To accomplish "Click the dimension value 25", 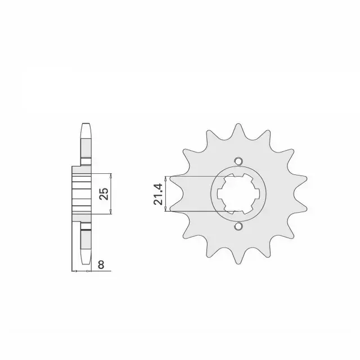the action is point(104,193).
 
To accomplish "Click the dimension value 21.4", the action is point(159,194).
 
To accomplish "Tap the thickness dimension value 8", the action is point(101,264).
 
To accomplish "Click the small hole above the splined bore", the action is point(238,161).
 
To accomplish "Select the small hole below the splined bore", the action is point(238,226).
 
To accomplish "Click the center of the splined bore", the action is point(238,193).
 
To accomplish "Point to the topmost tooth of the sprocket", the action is point(238,131).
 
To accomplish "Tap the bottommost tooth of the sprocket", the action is point(238,256).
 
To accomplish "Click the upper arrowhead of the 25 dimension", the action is point(111,175).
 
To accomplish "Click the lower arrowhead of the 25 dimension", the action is point(111,212).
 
